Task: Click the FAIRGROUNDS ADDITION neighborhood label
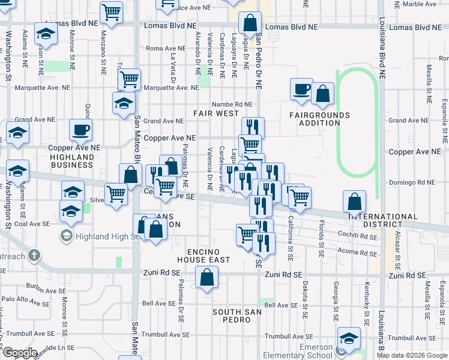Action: (319, 119)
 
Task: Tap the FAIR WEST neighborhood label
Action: (215, 113)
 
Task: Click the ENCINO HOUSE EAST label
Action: (203, 255)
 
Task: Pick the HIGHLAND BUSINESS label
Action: (72, 161)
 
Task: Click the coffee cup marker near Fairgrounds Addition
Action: (301, 90)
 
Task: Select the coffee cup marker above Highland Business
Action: (80, 130)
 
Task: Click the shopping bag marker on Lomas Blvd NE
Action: (250, 23)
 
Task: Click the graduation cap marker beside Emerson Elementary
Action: (349, 339)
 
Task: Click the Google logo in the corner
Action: (20, 353)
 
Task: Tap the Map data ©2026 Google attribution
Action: (412, 355)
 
